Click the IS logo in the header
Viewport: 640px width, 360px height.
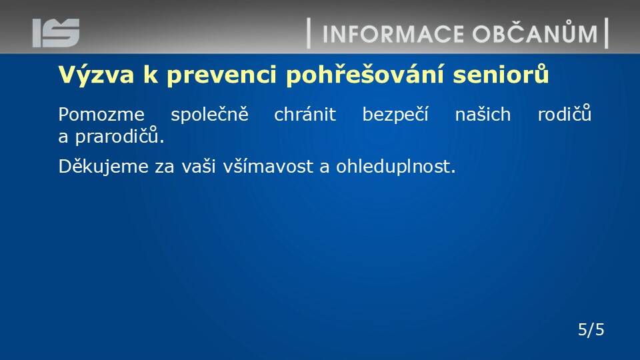pos(56,33)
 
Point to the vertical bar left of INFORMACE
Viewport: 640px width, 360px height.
pos(309,33)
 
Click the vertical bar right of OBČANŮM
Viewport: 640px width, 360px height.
pos(607,33)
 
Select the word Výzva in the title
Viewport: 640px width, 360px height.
pos(96,75)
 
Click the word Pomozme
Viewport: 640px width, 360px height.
pos(101,114)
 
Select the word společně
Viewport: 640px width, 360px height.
pos(209,114)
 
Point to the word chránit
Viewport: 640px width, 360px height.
pos(305,114)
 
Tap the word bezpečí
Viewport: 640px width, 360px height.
pos(395,114)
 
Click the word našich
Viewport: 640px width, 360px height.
pos(483,114)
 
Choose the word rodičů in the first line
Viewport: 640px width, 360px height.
pos(565,113)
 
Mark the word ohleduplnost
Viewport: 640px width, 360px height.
pos(395,167)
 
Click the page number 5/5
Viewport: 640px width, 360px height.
pos(591,329)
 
